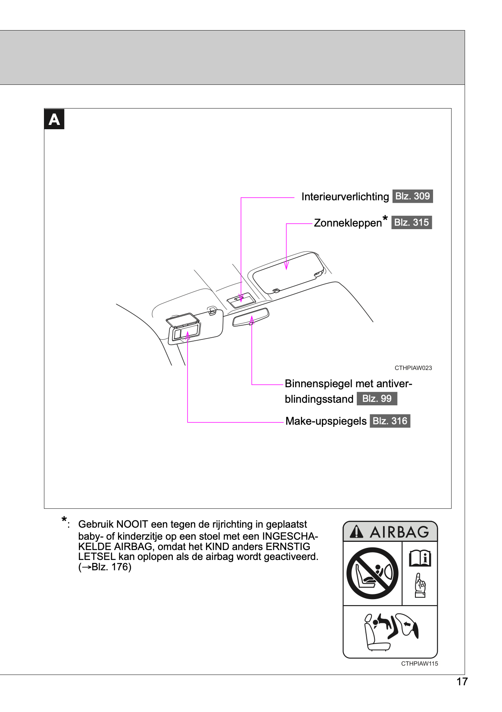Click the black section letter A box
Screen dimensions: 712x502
pos(54,119)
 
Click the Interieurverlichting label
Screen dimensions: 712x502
pos(345,197)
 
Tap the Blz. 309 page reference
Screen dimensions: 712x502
pos(412,196)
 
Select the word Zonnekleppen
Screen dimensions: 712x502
pos(348,223)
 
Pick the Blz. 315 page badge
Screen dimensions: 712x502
pos(412,223)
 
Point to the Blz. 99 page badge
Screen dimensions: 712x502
pos(377,399)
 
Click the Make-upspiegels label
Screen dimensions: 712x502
pos(326,421)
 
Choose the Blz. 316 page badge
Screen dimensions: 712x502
pos(390,421)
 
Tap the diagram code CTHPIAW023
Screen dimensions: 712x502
pos(413,368)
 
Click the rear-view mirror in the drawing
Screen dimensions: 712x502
pos(250,318)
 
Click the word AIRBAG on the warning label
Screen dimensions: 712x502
pos(399,532)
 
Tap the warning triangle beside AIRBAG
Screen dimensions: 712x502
pos(356,532)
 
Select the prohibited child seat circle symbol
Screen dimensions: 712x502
pos(372,573)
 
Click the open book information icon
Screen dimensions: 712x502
pos(420,558)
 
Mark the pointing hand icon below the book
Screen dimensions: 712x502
pos(420,585)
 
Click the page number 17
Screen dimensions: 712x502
pos(462,682)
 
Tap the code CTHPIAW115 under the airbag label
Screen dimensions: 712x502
pos(419,664)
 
